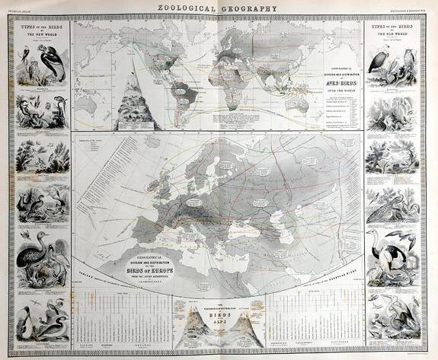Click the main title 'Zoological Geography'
tap(218, 9)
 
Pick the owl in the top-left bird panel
tap(26, 57)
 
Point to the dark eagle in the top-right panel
tap(379, 61)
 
